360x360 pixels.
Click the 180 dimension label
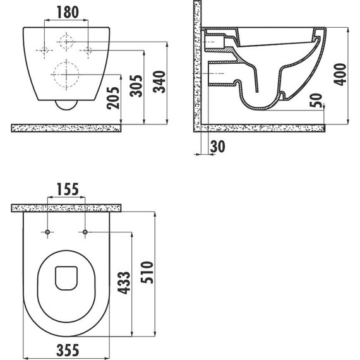pos(68,12)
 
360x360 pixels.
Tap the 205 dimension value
pos(113,98)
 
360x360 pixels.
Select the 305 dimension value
pos(136,86)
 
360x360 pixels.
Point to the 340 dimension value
pos(159,81)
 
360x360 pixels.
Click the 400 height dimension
pos(340,75)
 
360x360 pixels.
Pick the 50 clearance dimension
pos(316,100)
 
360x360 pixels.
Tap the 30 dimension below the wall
pos(218,147)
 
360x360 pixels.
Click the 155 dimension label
pos(68,189)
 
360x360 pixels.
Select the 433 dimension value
pos(124,282)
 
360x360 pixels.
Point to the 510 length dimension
pos(147,272)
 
